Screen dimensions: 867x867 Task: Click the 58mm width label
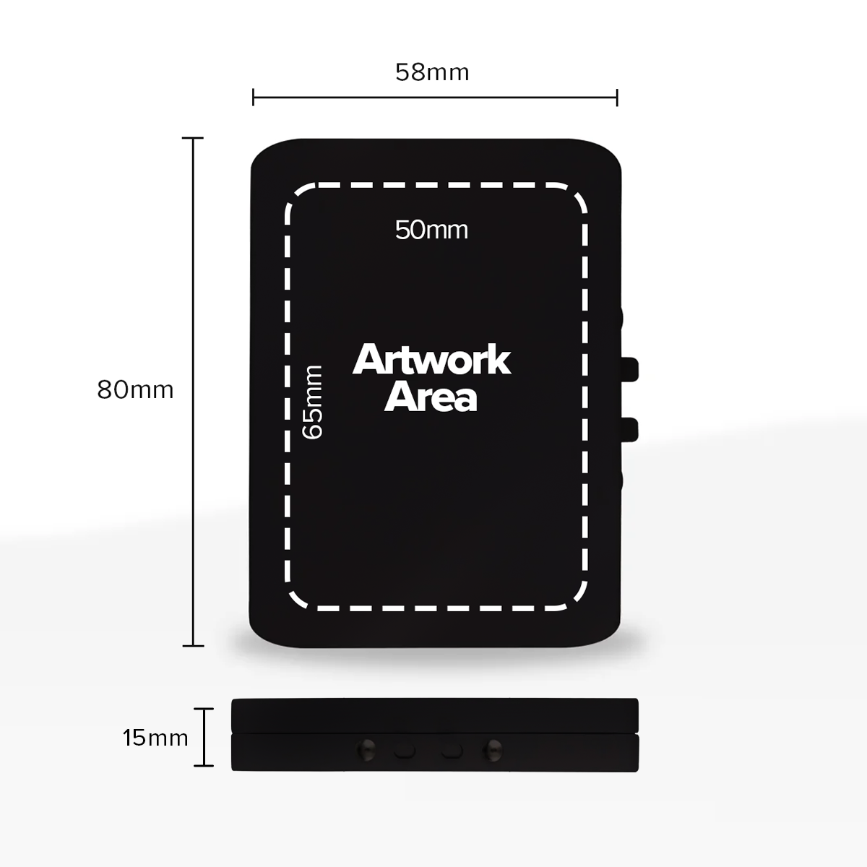coord(432,72)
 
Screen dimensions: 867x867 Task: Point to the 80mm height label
coord(136,390)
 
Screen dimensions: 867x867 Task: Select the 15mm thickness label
coord(155,738)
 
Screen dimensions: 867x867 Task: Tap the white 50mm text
coord(431,230)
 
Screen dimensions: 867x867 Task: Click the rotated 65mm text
coord(313,402)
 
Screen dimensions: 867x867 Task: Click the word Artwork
coord(431,360)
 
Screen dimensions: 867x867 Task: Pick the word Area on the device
coord(431,397)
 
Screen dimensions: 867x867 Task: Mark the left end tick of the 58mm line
coord(253,97)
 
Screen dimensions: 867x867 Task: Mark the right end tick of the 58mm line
coord(617,97)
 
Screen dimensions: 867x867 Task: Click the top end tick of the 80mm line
coord(193,137)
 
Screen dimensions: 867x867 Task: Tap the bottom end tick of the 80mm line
coord(193,645)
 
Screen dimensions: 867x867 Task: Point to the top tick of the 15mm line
coord(204,709)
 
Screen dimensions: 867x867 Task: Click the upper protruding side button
coord(630,368)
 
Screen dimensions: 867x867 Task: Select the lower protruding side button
coord(630,428)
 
